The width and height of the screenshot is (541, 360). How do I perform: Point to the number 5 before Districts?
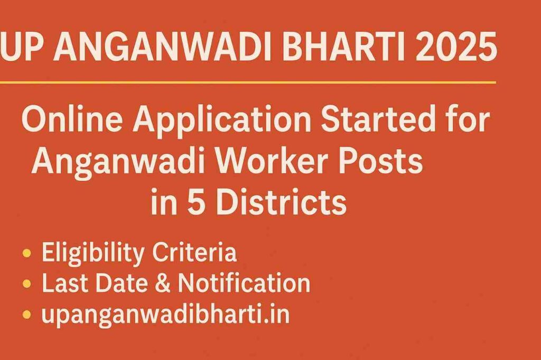point(201,201)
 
